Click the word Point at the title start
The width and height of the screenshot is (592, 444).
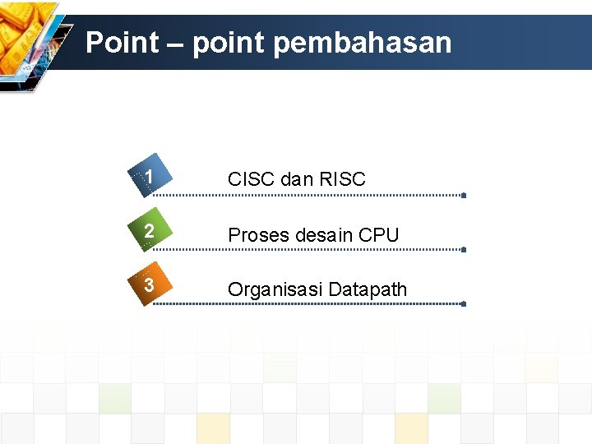pos(122,43)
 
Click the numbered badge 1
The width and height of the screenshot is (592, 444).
pos(148,178)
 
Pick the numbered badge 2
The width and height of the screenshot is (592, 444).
pos(148,234)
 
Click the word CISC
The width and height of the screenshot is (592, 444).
pos(252,179)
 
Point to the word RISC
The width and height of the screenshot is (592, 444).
pos(344,179)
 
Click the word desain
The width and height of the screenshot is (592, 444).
pos(324,235)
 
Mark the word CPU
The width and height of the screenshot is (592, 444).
pos(379,235)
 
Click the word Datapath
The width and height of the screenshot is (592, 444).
pos(368,289)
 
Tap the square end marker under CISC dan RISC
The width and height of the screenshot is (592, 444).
pos(464,196)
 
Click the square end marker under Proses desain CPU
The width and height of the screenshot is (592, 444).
pos(464,249)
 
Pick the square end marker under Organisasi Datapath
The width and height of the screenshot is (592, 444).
pos(464,303)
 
